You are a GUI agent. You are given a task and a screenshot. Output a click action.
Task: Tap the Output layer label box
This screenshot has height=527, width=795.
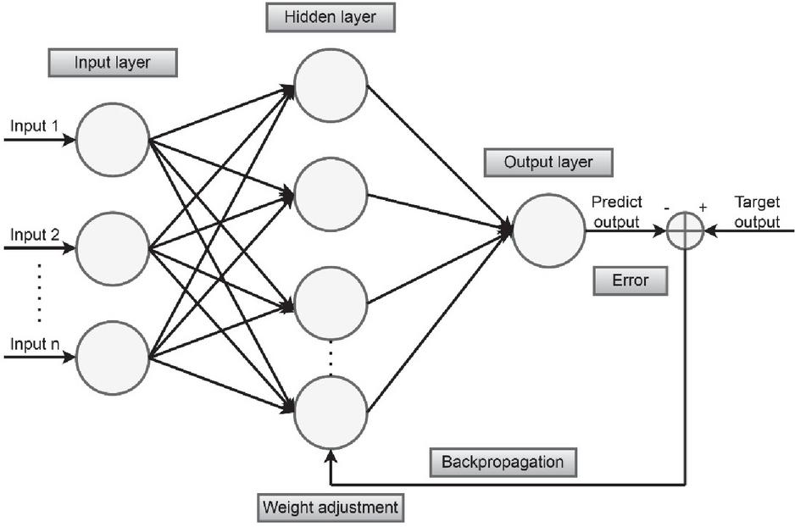click(548, 162)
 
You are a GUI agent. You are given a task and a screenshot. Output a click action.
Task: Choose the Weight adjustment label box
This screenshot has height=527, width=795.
click(329, 508)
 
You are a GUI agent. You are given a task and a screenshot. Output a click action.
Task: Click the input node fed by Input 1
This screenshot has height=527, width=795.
click(113, 140)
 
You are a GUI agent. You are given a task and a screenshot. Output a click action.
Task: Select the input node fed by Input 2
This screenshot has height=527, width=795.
click(113, 248)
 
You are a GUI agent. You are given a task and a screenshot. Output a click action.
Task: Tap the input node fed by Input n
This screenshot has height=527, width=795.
click(113, 357)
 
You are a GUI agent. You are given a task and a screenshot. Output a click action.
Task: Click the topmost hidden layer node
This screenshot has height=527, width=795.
click(331, 86)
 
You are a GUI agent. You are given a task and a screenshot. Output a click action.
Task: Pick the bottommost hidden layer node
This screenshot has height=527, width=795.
click(331, 412)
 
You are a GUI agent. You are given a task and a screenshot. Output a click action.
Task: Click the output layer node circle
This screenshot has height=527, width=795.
click(548, 229)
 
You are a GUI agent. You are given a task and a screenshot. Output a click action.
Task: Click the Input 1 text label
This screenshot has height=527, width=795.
click(34, 127)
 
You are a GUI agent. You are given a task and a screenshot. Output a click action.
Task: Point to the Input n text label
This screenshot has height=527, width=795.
click(34, 345)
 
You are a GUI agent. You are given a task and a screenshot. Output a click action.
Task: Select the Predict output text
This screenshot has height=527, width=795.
click(617, 212)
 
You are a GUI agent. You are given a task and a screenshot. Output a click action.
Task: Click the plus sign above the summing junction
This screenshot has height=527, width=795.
click(703, 208)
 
